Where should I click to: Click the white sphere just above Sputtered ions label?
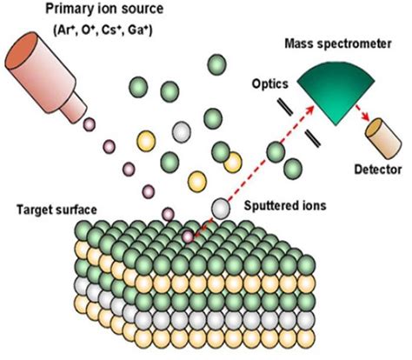coord(222,209)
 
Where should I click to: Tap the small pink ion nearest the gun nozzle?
coord(88,126)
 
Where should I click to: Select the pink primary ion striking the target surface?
coord(187,236)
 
